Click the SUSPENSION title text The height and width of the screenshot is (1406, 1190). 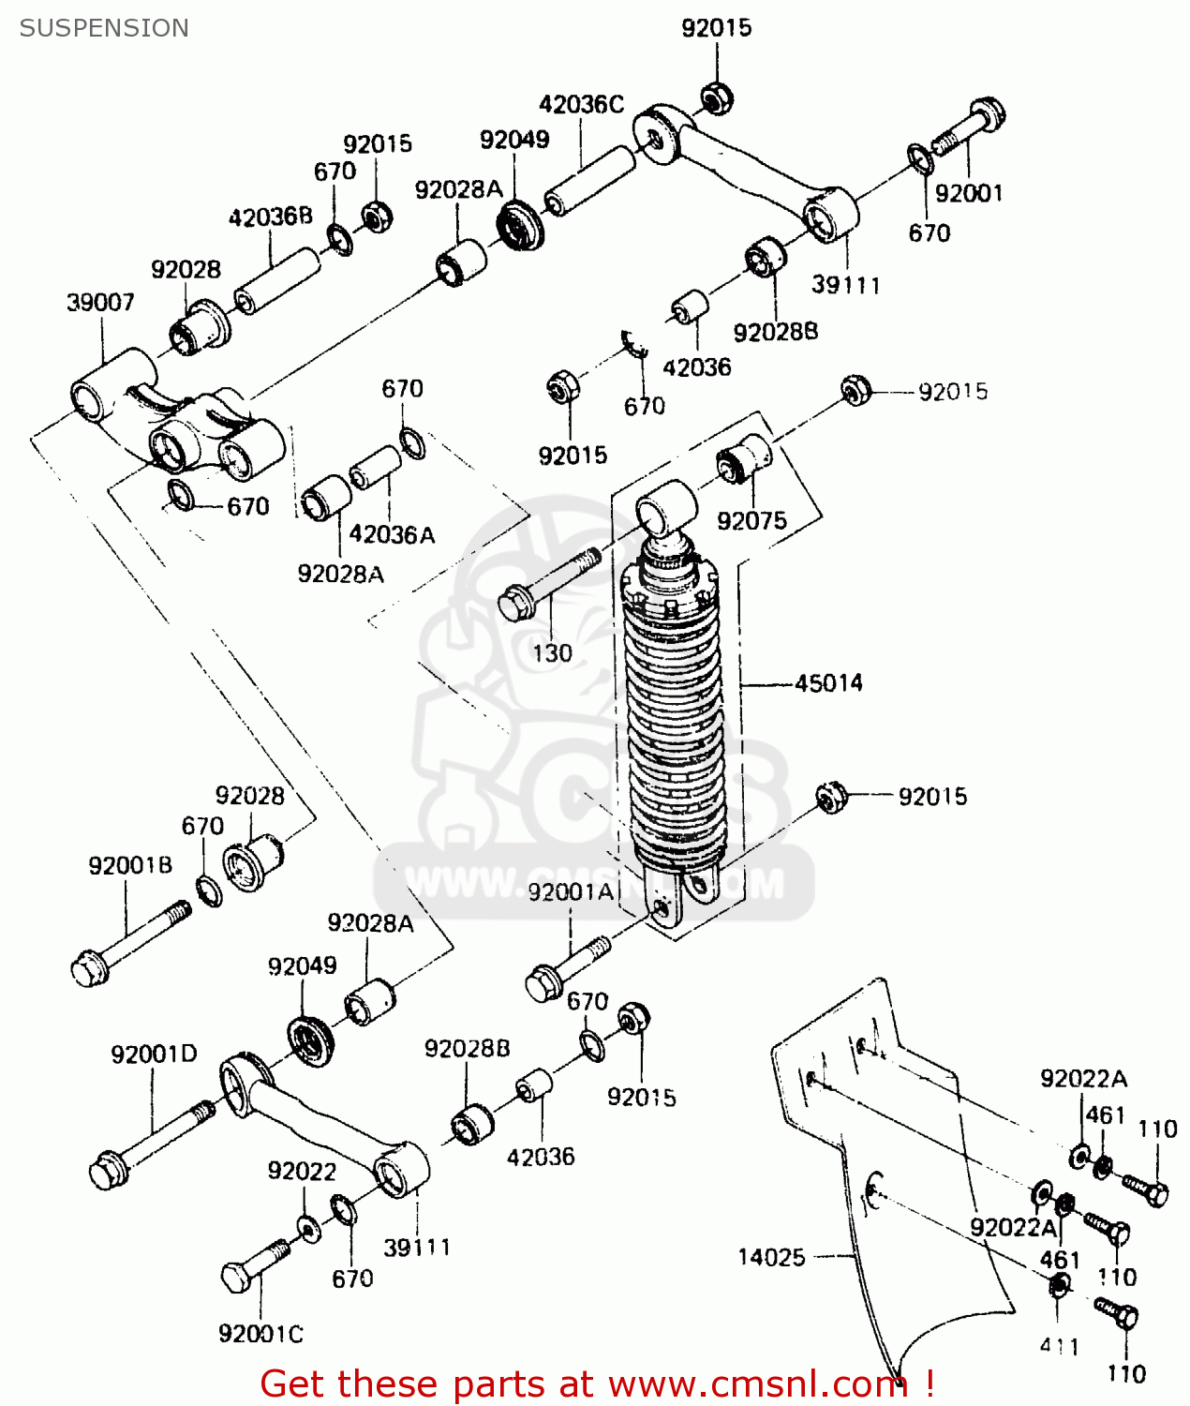tap(104, 28)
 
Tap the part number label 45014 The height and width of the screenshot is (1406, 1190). tap(828, 683)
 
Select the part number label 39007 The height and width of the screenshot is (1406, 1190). tap(100, 303)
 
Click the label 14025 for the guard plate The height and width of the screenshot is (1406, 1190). tap(771, 1257)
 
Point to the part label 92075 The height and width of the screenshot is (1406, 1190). tap(751, 521)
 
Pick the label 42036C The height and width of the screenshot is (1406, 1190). tap(581, 105)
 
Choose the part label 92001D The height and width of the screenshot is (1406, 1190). tap(154, 1054)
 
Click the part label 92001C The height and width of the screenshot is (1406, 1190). tap(260, 1334)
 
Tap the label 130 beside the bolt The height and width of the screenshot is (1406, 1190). tap(552, 653)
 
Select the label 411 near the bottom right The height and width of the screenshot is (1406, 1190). tap(1060, 1347)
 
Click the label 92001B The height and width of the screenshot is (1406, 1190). tap(130, 865)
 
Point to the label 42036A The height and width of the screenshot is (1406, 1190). tap(392, 535)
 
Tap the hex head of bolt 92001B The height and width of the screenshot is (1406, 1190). tap(89, 968)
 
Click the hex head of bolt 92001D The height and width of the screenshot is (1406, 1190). tap(107, 1172)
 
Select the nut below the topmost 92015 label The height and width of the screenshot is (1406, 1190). tap(718, 97)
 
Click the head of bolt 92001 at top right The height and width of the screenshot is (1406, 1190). tap(987, 115)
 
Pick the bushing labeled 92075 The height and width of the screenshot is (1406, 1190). tap(745, 458)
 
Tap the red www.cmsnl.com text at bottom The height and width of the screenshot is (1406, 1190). tap(757, 1384)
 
